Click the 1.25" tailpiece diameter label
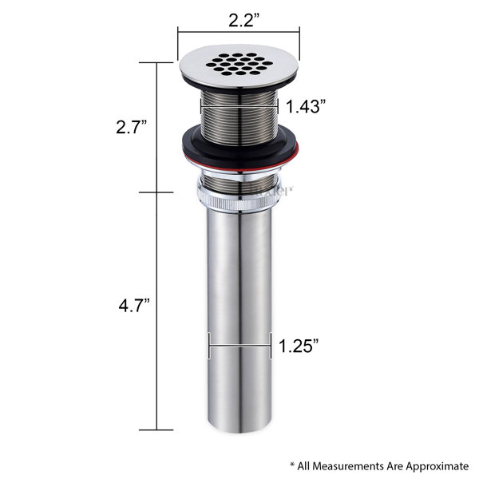point(299,346)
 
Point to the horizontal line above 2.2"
point(239,33)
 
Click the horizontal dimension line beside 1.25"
point(240,346)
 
